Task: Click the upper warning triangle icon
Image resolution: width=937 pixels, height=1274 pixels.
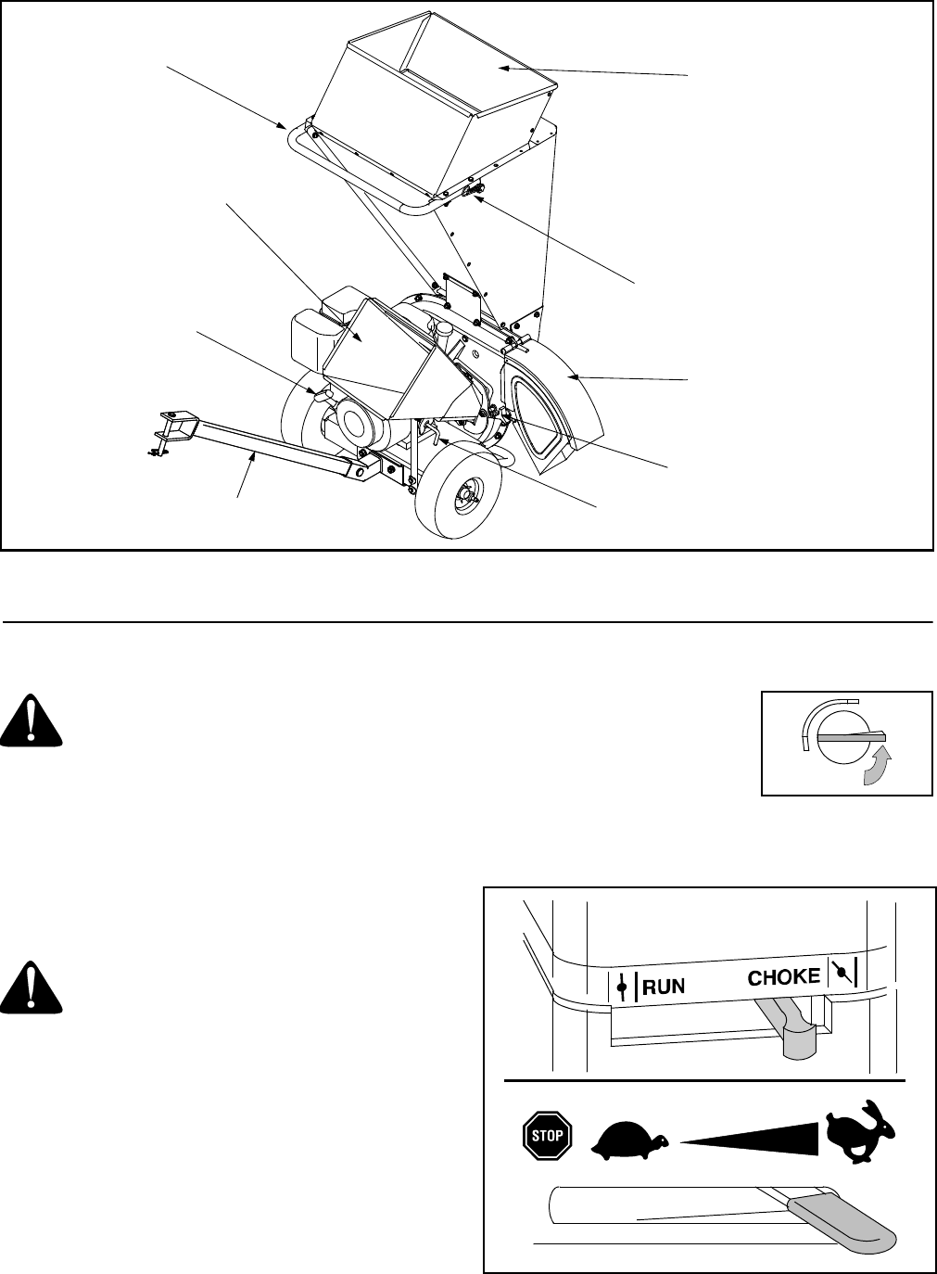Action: coord(32,723)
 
